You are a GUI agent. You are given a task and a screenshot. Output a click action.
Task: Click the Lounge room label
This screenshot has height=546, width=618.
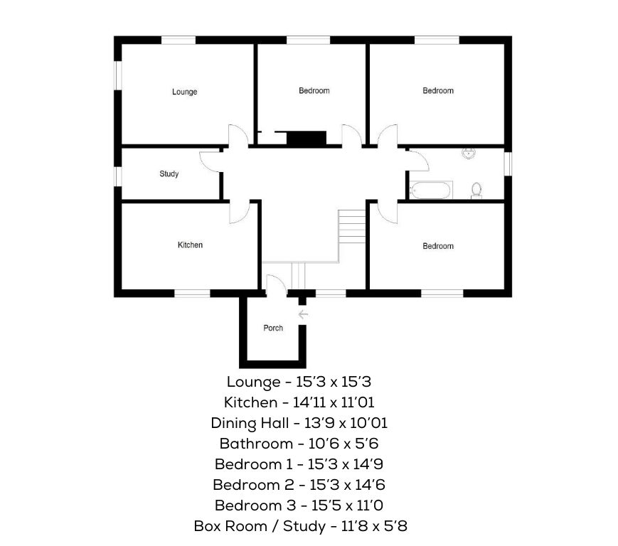pos(184,92)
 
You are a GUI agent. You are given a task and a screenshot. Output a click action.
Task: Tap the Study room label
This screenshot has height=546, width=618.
pos(169,173)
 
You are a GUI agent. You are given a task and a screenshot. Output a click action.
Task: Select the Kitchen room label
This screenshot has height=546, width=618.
pos(190,245)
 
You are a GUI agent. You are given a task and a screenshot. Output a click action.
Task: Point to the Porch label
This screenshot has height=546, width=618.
pos(273,328)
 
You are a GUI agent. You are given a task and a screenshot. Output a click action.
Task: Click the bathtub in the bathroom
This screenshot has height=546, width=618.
pos(430,190)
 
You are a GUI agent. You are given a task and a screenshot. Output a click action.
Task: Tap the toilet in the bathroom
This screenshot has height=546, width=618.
pos(476,191)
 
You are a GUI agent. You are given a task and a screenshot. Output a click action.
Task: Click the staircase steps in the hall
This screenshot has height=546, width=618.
pos(352,226)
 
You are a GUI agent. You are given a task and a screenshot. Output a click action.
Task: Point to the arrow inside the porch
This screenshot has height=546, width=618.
pos(303,314)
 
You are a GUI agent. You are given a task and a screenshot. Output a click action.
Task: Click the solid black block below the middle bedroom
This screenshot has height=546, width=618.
pos(307,138)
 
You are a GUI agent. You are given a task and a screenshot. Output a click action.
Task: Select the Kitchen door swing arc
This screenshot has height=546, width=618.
pos(240,213)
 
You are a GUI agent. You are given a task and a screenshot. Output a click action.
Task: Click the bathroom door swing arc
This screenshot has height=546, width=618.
pos(417,160)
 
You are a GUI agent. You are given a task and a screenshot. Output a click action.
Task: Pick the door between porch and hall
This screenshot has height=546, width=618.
pos(277,284)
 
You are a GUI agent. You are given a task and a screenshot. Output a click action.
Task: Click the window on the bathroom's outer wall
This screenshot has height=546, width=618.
pos(508,164)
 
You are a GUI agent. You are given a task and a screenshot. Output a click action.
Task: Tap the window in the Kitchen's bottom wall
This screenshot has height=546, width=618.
pos(192,294)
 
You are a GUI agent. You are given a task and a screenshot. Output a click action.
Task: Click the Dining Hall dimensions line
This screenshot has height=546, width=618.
pos(299,423)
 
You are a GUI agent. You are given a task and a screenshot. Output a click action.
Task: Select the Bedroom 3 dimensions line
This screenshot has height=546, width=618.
pos(299,505)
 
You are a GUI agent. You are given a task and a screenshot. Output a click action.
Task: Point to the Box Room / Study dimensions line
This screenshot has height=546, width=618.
pos(300,526)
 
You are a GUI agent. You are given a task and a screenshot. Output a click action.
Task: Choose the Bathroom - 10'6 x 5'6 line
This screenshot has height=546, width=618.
pos(299,444)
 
